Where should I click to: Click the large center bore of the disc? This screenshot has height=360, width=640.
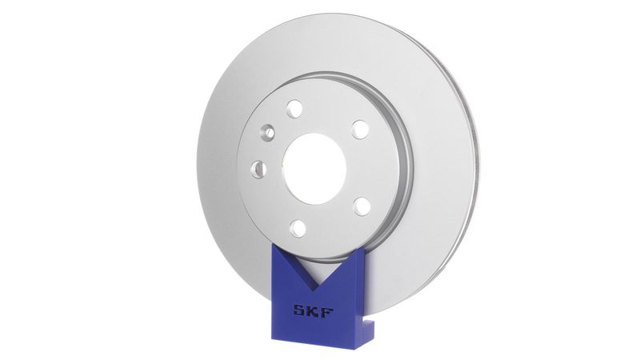click(314, 167)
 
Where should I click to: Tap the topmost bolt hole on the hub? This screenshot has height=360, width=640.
click(294, 108)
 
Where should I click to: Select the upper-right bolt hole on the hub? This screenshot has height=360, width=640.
click(360, 129)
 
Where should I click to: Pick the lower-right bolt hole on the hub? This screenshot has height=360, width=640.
click(362, 206)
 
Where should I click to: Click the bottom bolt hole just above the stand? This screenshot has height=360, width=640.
click(298, 227)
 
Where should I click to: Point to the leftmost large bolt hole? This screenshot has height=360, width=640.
click(258, 168)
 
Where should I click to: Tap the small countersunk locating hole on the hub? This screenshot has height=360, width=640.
click(269, 132)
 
